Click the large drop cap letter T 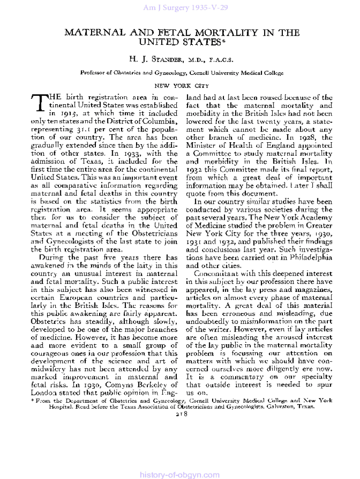point(38,105)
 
